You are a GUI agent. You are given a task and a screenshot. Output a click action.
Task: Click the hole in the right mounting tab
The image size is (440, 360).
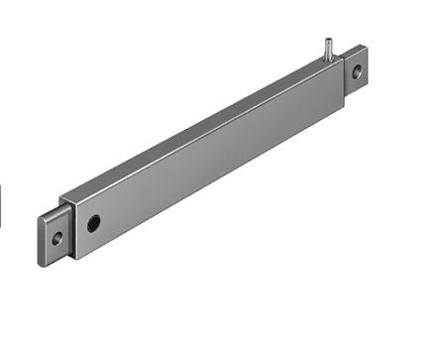[x=357, y=69]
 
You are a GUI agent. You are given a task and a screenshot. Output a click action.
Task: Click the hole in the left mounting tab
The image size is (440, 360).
[x=58, y=238]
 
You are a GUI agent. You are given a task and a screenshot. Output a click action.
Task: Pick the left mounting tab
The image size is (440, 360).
[x=57, y=236]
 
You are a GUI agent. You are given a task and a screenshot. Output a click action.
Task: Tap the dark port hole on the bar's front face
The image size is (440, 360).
[x=93, y=222]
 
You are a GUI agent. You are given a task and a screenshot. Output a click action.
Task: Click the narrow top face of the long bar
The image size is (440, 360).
[x=198, y=129]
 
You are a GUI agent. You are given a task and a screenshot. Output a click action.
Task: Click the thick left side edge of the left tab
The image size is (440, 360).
[x=42, y=236]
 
